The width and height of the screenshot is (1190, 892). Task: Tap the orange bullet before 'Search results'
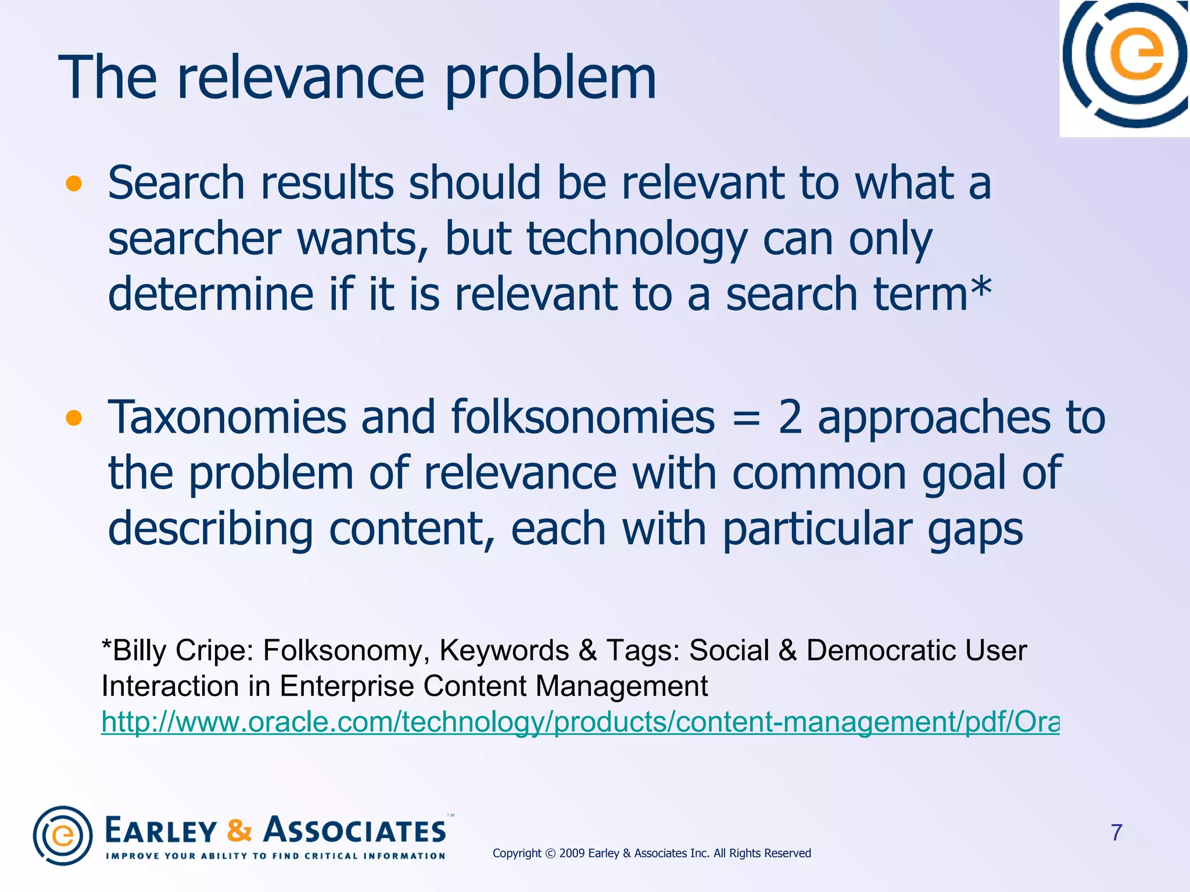pyautogui.click(x=74, y=184)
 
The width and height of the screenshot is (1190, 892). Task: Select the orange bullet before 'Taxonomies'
pyautogui.click(x=74, y=418)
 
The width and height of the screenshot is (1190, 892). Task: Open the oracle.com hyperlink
pyautogui.click(x=580, y=722)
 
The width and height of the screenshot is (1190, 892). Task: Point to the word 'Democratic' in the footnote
pyautogui.click(x=881, y=650)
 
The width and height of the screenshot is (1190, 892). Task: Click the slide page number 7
pyautogui.click(x=1116, y=833)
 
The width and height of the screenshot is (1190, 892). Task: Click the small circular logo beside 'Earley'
pyautogui.click(x=63, y=836)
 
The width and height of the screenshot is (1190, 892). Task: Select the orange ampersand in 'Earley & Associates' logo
pyautogui.click(x=239, y=830)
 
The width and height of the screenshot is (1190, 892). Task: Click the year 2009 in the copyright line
pyautogui.click(x=572, y=853)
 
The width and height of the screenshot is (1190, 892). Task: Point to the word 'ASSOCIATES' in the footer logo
pyautogui.click(x=356, y=830)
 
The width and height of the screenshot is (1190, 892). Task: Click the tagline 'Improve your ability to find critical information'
pyautogui.click(x=275, y=856)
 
